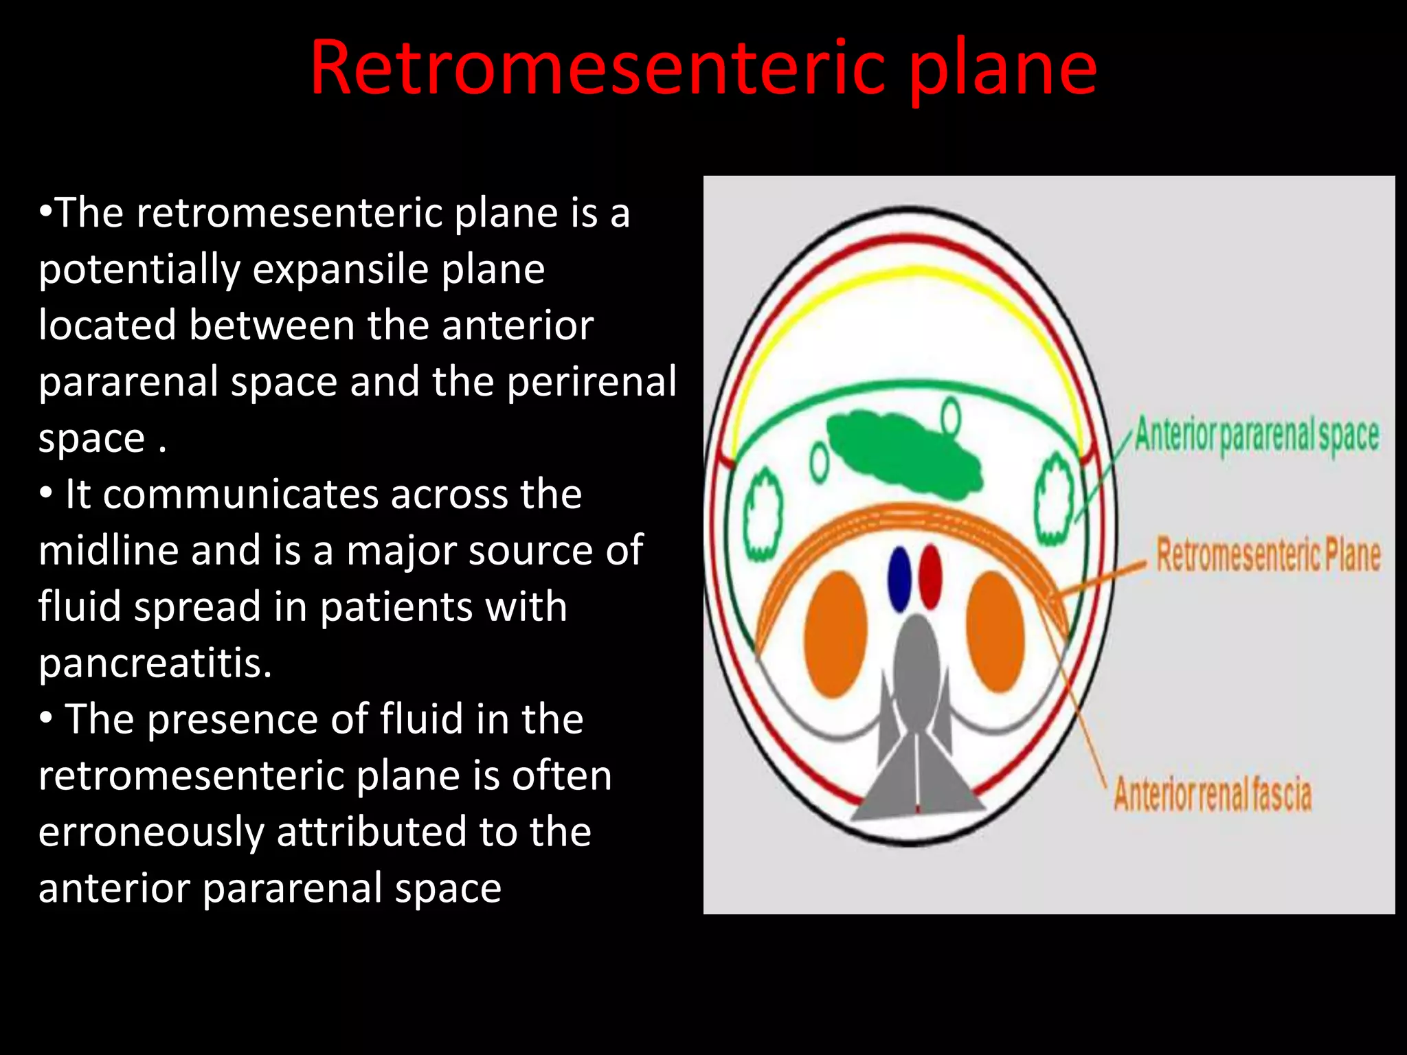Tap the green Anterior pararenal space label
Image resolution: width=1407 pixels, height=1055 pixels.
[1256, 435]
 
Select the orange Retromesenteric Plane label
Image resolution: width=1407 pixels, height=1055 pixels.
[1268, 555]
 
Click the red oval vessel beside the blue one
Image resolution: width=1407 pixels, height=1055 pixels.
[930, 576]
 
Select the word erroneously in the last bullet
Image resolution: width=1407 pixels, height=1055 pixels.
[151, 832]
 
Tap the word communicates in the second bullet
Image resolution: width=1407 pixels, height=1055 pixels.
[240, 495]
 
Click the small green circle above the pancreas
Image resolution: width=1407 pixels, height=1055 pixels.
[951, 416]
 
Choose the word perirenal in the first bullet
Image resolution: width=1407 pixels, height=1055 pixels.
[592, 382]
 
